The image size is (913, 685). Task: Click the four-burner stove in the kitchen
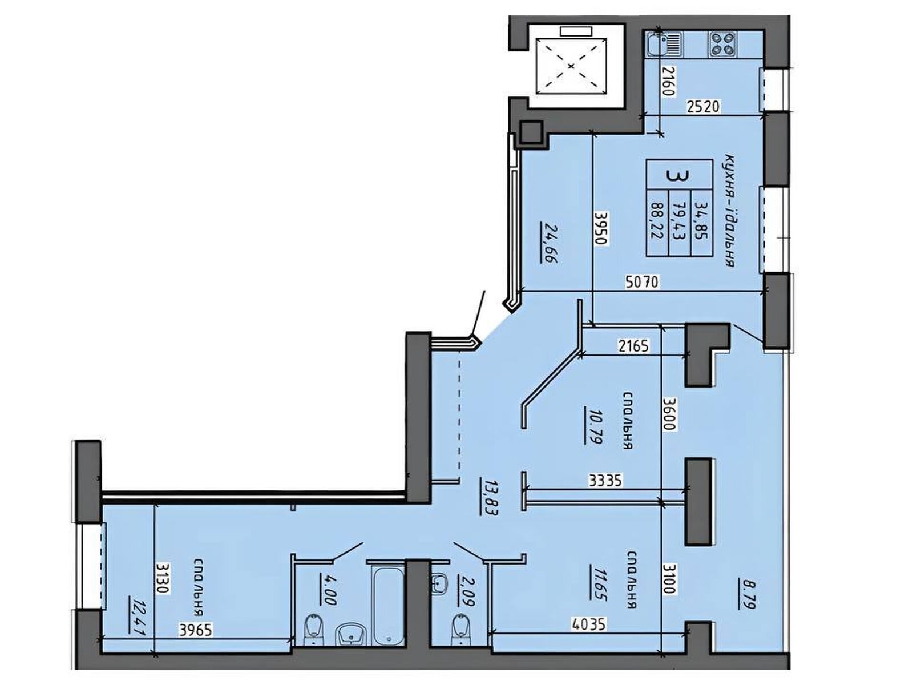(722, 45)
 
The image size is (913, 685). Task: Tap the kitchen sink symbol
(664, 45)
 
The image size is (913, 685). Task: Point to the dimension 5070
(643, 283)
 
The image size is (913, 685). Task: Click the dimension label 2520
(702, 107)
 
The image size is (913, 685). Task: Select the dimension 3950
(601, 229)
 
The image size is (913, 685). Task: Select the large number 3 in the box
(678, 175)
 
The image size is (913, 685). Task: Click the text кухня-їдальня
(729, 211)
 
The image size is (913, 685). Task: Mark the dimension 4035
(588, 624)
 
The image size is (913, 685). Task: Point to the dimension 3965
(196, 630)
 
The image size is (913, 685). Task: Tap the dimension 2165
(633, 345)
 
